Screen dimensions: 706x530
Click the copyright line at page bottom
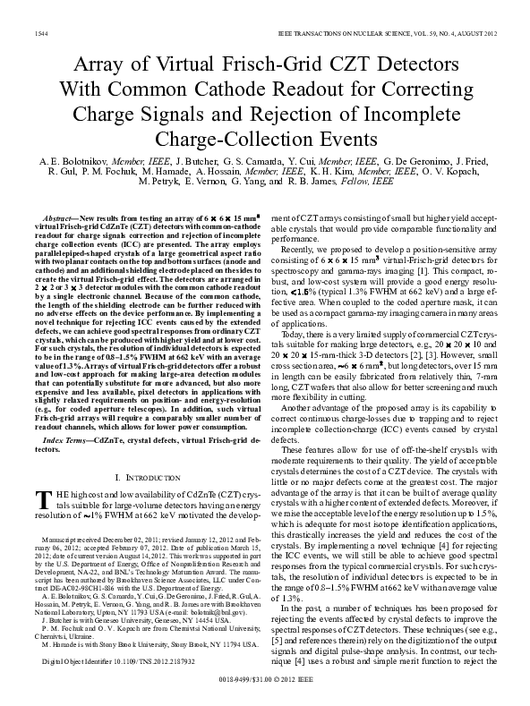(x=267, y=692)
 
